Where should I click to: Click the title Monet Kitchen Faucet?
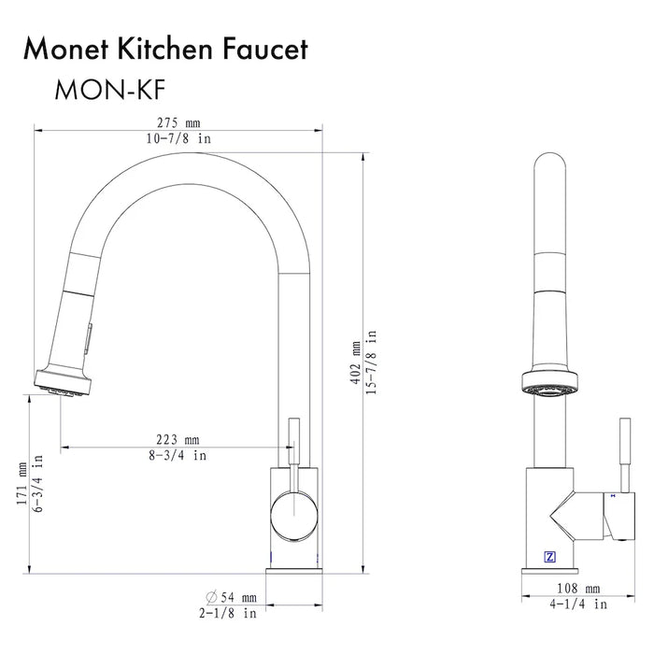point(165,50)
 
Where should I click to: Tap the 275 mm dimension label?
point(179,123)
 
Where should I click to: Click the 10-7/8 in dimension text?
point(179,138)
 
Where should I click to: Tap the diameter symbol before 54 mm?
point(213,597)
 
